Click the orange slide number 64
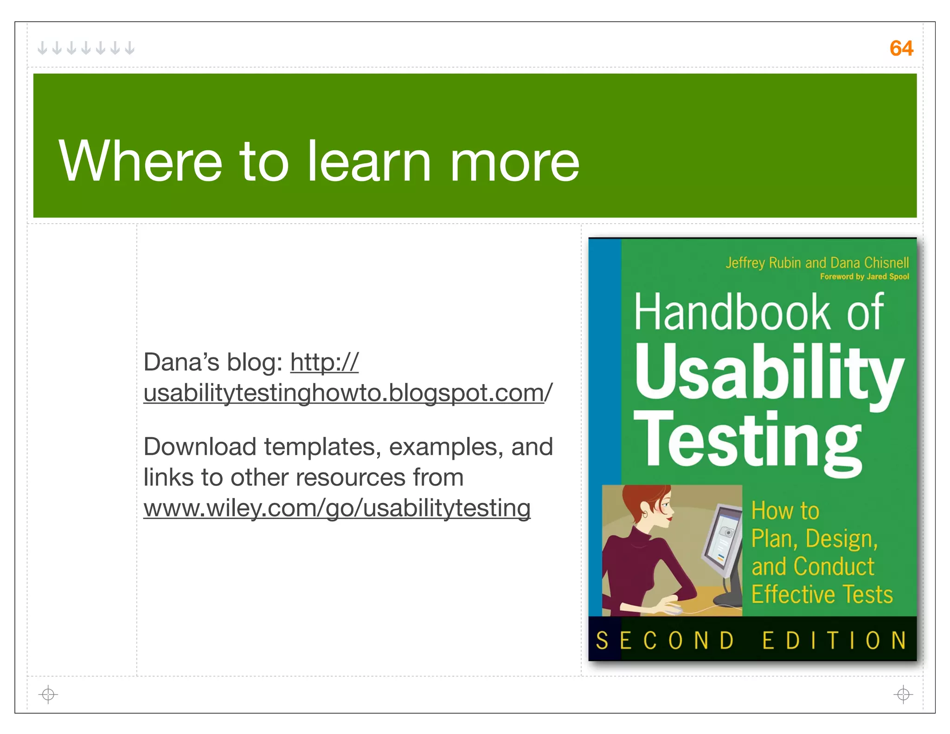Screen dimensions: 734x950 pos(901,48)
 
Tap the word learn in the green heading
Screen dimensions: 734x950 pos(369,161)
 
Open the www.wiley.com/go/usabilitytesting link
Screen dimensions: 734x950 pos(337,508)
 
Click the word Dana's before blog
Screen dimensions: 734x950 pos(180,362)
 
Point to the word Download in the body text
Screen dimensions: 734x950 pos(199,447)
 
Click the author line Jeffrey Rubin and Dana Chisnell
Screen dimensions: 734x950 pos(817,263)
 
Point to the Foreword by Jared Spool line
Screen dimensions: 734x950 pos(864,277)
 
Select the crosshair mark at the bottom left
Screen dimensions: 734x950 pos(48,694)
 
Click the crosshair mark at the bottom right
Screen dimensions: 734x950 pos(903,694)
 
